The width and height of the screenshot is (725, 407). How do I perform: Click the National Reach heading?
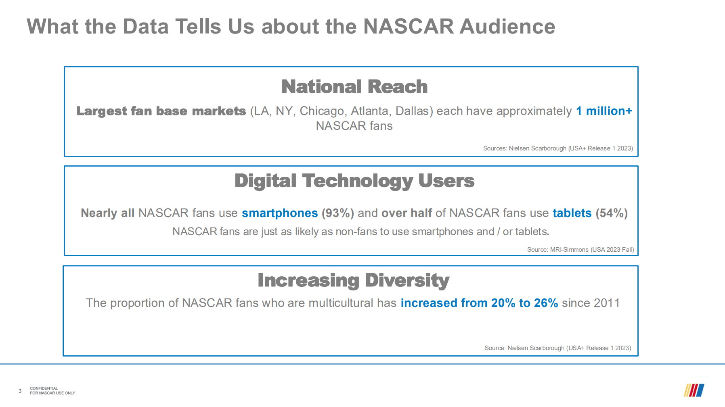[x=354, y=87]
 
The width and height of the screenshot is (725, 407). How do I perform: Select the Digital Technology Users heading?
[x=354, y=181]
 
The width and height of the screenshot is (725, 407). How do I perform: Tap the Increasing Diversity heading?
[x=354, y=280]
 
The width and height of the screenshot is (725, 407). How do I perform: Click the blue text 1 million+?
[x=604, y=111]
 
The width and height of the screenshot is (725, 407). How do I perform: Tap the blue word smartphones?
[x=280, y=213]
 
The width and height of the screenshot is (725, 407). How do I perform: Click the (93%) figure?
[x=338, y=213]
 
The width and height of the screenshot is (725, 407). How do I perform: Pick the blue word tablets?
[x=572, y=213]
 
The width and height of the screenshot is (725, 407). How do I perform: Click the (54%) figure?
[x=612, y=213]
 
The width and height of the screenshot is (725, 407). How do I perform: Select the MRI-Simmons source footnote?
[x=580, y=250]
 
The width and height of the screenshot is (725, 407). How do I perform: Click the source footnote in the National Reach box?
[x=558, y=148]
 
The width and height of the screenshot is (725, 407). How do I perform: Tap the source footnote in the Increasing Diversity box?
[x=558, y=348]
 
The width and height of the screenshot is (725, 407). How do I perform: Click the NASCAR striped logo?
[x=694, y=390]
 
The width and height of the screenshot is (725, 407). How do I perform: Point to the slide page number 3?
[x=20, y=391]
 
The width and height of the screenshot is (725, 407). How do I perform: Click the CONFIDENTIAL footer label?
[x=44, y=388]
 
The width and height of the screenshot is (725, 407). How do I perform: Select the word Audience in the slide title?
[x=507, y=27]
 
